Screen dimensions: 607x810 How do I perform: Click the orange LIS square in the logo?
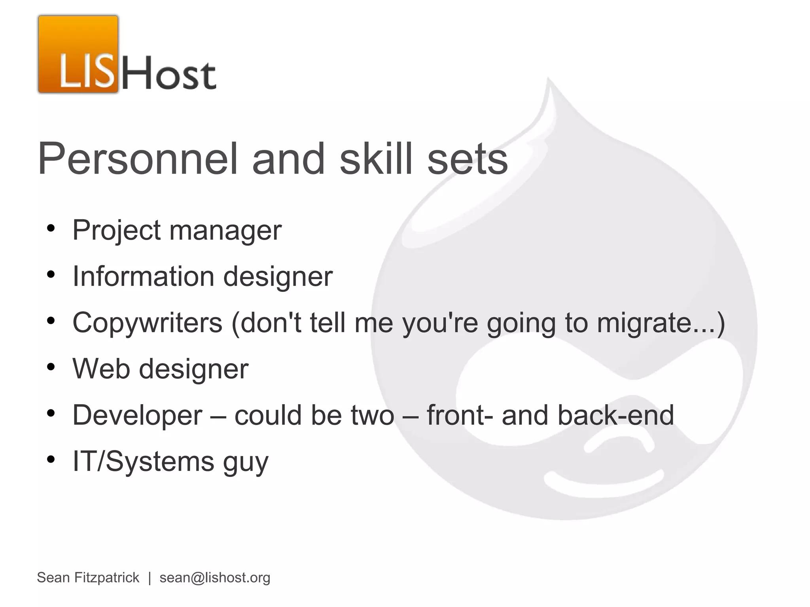[x=78, y=55]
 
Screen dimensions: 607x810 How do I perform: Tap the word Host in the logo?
[x=169, y=73]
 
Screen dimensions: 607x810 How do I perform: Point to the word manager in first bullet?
[x=225, y=230]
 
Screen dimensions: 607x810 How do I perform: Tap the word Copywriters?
[x=148, y=323]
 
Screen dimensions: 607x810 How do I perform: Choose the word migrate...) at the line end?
[x=661, y=323]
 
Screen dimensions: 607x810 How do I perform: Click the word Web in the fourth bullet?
[x=101, y=369]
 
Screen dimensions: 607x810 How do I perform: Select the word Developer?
[x=137, y=415]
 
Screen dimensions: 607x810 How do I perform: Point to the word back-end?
[x=615, y=415]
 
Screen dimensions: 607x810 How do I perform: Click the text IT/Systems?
[x=143, y=461]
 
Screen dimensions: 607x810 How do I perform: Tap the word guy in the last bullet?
[x=246, y=462]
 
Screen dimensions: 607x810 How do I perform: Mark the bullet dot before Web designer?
[x=51, y=367]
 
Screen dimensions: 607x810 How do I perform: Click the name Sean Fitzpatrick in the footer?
[x=88, y=578]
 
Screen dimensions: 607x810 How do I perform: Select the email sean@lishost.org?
[x=215, y=578]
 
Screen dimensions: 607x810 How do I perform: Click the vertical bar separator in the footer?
[x=150, y=578]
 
